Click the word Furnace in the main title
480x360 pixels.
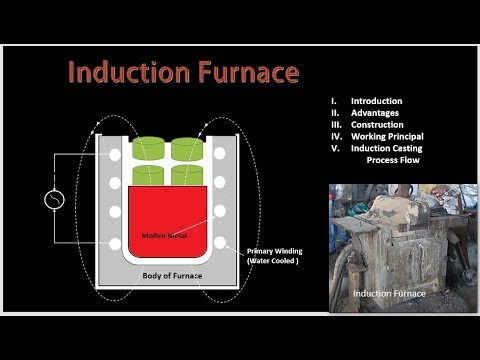245,73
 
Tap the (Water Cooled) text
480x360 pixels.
273,261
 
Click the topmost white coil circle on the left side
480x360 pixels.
116,154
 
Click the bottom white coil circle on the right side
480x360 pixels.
219,242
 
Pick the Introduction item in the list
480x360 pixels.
376,101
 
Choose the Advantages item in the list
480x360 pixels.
374,113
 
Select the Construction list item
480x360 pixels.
376,125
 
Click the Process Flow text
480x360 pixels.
394,160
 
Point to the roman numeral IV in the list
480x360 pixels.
337,136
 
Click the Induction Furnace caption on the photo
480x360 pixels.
388,294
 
